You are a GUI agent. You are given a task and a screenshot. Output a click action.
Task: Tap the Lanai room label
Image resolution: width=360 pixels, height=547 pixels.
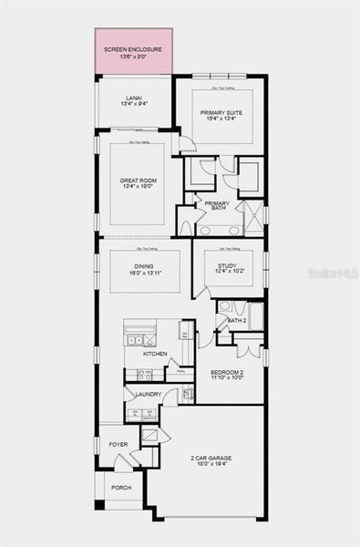(135, 97)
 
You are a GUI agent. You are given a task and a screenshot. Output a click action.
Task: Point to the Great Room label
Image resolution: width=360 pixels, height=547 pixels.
(139, 181)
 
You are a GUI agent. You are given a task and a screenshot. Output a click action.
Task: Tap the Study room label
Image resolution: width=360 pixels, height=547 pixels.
(226, 266)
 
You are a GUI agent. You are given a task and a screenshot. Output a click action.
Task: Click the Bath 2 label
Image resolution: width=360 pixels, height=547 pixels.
(237, 320)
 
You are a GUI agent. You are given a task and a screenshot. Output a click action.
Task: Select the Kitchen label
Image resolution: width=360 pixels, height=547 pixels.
(155, 354)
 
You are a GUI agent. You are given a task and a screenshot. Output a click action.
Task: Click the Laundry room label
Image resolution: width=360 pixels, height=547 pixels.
(149, 394)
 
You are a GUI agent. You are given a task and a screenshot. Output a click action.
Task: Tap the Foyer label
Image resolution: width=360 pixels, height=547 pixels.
(118, 444)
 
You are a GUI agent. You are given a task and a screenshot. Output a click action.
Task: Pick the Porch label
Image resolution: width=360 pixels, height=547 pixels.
(121, 488)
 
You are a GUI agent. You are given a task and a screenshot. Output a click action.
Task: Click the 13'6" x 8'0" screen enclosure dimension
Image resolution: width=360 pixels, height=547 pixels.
(133, 57)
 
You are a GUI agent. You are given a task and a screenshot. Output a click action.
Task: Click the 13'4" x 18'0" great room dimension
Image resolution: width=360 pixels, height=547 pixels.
(139, 188)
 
